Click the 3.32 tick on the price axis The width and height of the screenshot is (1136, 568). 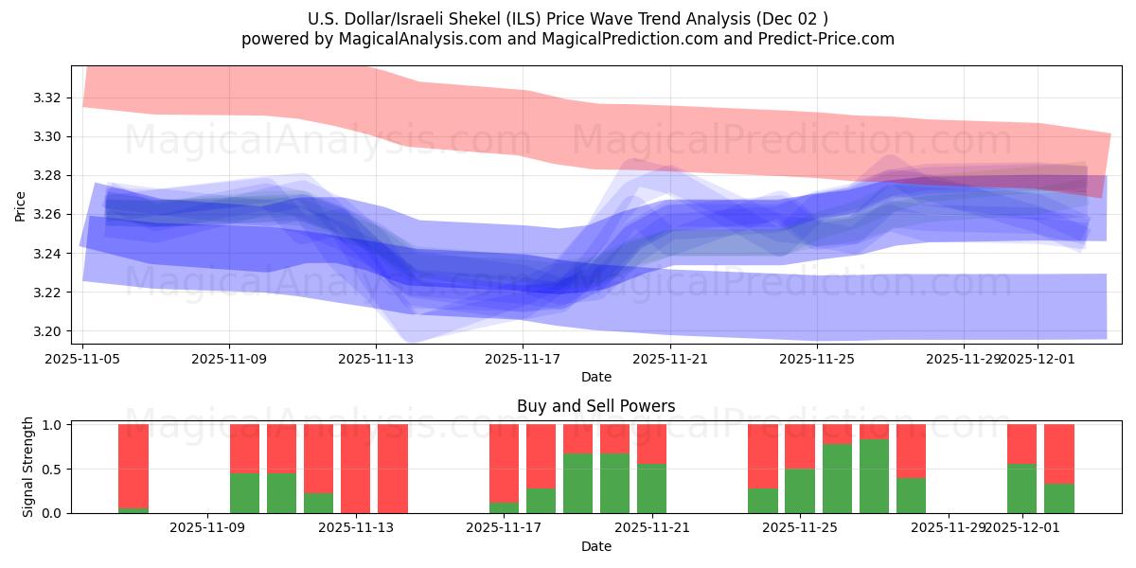tap(47, 98)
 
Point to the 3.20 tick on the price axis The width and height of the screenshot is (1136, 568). tap(47, 331)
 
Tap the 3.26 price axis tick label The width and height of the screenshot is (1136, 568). tap(47, 215)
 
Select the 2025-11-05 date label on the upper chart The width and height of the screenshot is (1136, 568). tap(83, 360)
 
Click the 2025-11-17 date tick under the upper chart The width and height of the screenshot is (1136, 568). tap(523, 360)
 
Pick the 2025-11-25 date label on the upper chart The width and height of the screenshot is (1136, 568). tap(816, 360)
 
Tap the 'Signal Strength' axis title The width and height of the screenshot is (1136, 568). tap(28, 467)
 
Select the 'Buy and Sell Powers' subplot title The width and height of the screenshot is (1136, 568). tap(595, 406)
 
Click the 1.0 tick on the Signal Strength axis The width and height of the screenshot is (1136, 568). tap(53, 425)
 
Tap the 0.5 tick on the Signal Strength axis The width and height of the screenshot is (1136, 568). tap(53, 470)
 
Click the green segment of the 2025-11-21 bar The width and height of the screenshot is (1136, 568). tap(651, 488)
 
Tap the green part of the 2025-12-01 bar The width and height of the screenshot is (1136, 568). tap(1021, 488)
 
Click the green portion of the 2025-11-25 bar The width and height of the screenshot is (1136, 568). tap(800, 491)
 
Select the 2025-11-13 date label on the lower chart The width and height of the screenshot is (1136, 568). tap(356, 528)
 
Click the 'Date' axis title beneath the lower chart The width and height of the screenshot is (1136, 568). tap(595, 546)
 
